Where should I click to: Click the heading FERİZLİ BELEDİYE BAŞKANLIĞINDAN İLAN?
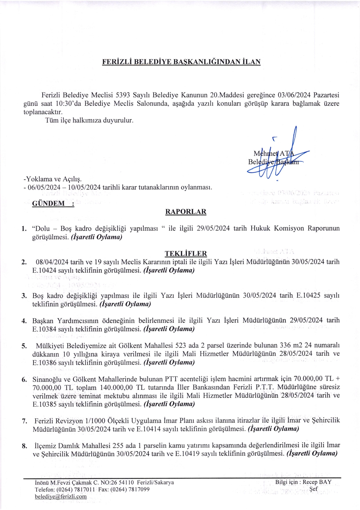click(x=181, y=62)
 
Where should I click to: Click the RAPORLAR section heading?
click(x=186, y=212)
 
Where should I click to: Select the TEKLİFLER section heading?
click(x=186, y=253)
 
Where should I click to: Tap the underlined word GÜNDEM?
click(x=49, y=203)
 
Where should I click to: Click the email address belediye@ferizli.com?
click(x=61, y=496)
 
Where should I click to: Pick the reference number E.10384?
click(x=44, y=329)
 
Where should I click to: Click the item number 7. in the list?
click(x=25, y=421)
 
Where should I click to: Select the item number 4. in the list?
click(x=24, y=321)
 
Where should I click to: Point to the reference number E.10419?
click(x=187, y=454)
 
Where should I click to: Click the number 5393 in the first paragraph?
click(x=123, y=95)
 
